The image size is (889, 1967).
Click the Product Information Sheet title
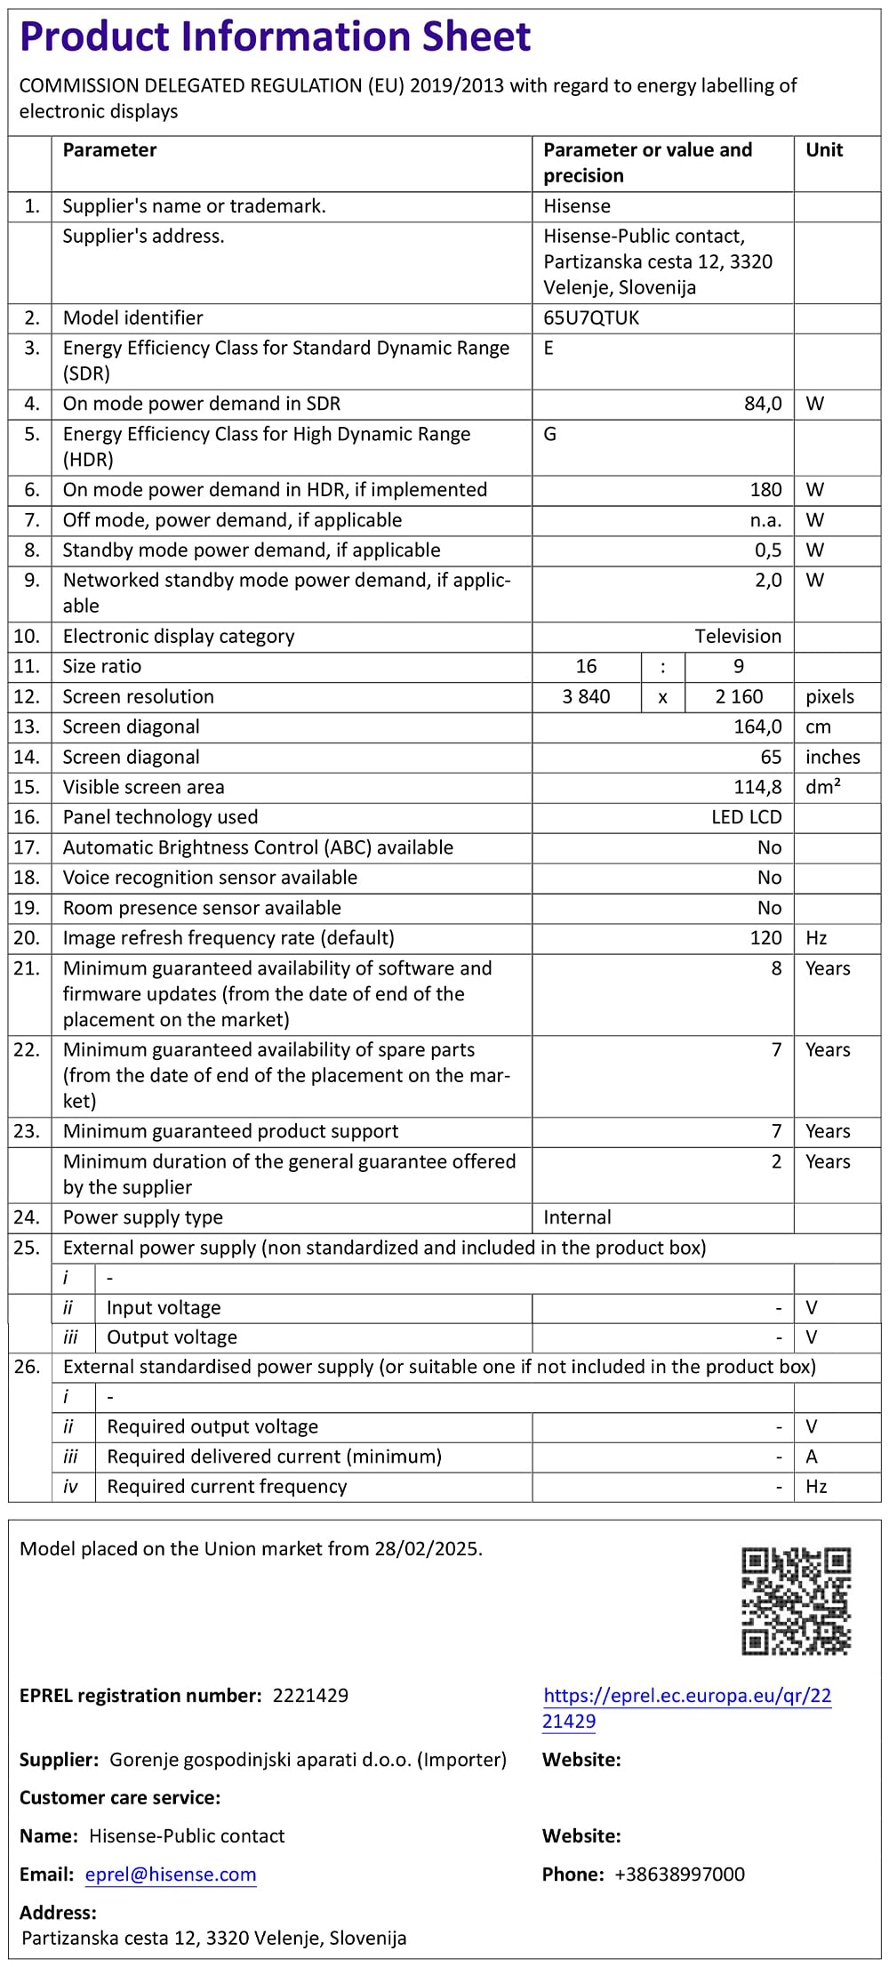275,37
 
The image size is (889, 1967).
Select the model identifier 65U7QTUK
591,317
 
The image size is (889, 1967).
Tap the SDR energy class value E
549,348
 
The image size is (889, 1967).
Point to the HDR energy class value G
549,434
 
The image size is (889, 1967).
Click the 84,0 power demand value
763,404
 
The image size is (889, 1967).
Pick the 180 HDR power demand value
765,490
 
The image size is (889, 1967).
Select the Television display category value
738,636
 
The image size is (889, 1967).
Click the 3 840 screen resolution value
586,696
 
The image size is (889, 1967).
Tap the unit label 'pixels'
829,696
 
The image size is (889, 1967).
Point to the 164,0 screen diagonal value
757,727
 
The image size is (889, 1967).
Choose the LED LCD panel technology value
746,817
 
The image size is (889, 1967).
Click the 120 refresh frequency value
765,938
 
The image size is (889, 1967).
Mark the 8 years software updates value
776,968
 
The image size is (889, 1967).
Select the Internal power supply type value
577,1217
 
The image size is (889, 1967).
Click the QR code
796,1601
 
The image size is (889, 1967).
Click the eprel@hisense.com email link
171,1875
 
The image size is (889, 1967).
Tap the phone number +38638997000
679,1875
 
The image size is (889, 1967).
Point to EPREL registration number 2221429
310,1695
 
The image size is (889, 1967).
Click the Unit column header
824,150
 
